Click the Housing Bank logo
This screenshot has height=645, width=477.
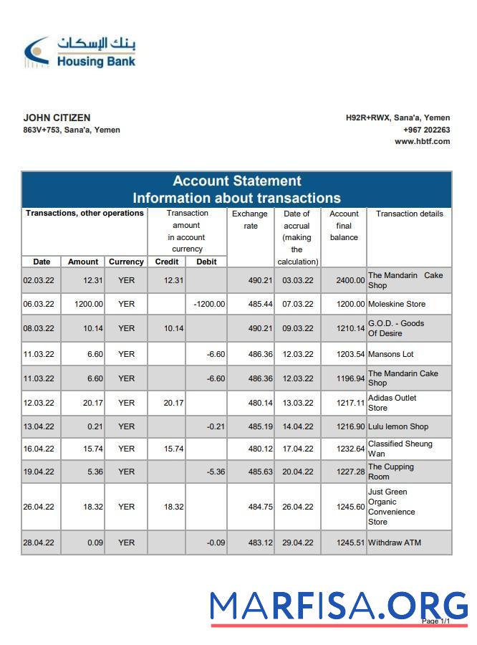(x=79, y=52)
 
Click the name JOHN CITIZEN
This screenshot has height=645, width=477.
(x=57, y=118)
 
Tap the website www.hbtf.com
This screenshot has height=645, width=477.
(x=422, y=141)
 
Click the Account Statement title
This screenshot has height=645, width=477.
(x=236, y=181)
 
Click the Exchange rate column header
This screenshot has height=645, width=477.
(x=250, y=219)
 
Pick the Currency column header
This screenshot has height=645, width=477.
(x=126, y=262)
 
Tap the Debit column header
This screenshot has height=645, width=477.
(x=206, y=262)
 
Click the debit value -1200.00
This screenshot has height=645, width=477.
(x=209, y=304)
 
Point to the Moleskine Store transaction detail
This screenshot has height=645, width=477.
(x=396, y=304)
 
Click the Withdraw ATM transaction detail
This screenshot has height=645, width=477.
(x=394, y=543)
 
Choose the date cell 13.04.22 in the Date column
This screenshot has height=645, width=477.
(x=39, y=426)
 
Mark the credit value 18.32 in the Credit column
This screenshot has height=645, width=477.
(x=173, y=507)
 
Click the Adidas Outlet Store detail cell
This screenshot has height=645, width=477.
(x=392, y=403)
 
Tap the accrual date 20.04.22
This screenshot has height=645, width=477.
(x=297, y=472)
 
